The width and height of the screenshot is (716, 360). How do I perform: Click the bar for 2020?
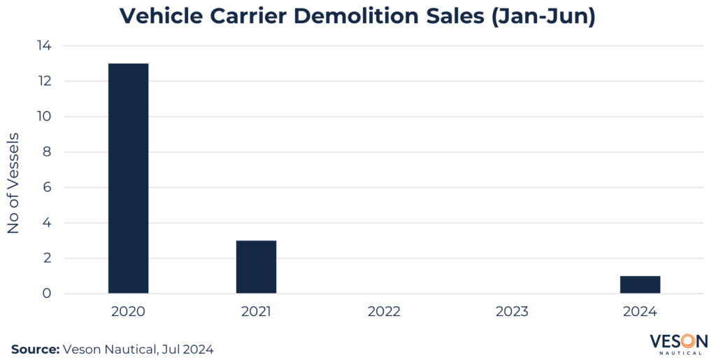[128, 178]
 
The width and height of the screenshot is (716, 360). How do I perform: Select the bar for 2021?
[256, 267]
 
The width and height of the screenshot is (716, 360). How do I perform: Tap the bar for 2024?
[640, 285]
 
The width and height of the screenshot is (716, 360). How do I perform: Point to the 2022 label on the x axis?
[384, 311]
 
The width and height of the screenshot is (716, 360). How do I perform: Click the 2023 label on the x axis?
[512, 311]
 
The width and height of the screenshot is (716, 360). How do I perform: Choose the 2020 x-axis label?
[128, 311]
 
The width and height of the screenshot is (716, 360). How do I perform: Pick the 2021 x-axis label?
[256, 311]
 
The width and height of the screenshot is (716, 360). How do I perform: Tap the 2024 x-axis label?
[640, 311]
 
